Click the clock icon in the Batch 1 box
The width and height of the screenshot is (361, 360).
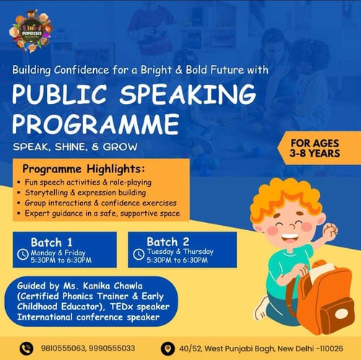24,254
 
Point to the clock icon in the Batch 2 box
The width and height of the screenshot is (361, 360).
139,254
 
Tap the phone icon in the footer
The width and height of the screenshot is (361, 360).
27,348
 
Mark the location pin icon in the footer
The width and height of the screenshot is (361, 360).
168,348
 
